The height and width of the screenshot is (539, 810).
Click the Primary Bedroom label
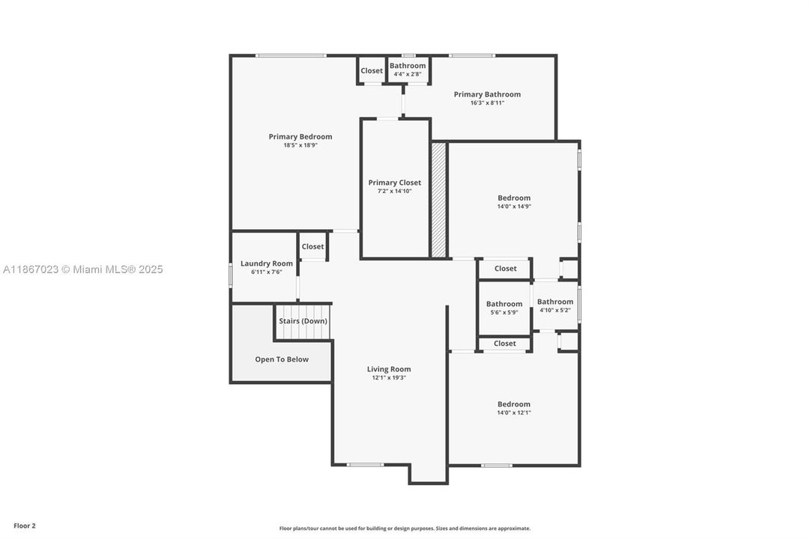300,137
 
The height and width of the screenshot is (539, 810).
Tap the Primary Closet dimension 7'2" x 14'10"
394,192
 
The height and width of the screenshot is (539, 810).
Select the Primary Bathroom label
487,94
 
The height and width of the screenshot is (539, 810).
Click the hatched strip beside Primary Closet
438,200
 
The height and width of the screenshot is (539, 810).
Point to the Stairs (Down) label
303,321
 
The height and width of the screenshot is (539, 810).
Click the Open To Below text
282,359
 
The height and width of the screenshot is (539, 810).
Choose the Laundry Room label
267,264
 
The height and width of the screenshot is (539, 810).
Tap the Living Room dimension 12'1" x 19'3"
389,378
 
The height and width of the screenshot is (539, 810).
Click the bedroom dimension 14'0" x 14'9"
514,207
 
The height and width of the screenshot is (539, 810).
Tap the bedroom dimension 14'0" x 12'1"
514,412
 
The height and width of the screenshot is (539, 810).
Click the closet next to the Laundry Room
312,246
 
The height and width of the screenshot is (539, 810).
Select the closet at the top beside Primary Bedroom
372,71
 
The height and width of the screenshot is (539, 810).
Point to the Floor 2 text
24,526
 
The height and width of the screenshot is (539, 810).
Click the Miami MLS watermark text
82,269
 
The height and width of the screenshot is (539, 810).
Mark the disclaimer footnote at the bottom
405,529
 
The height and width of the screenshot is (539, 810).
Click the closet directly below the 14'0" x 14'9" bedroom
505,269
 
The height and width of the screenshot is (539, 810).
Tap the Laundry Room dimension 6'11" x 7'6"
266,272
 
